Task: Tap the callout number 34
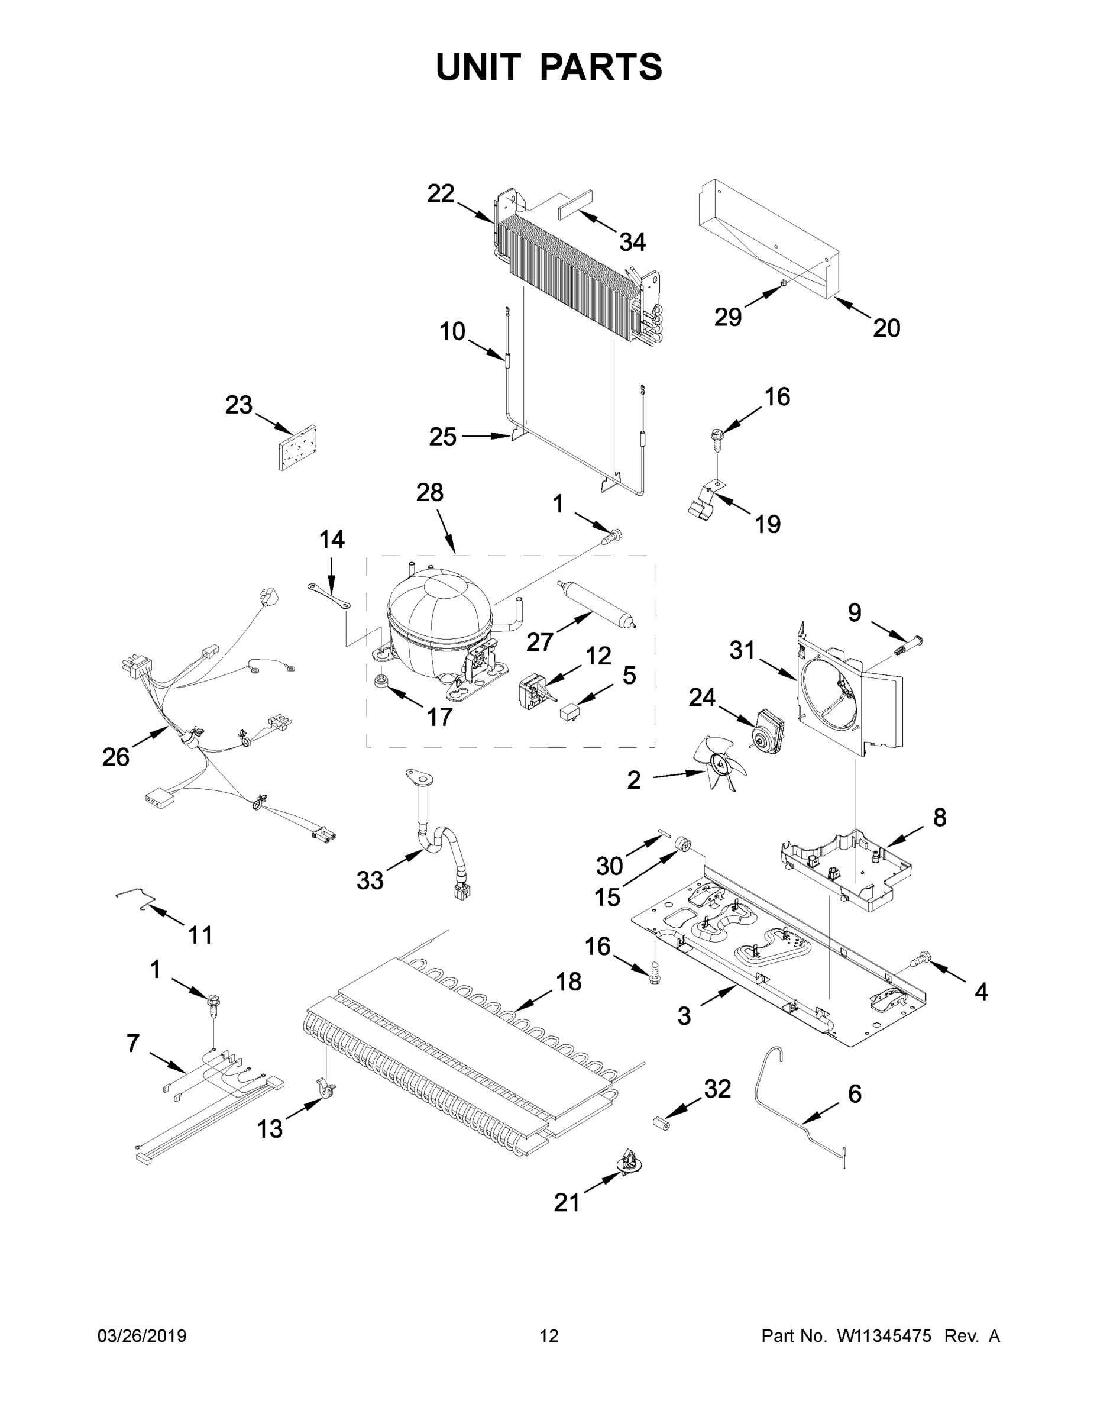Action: click(632, 242)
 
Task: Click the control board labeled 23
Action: click(297, 447)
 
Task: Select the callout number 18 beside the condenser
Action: click(569, 981)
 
